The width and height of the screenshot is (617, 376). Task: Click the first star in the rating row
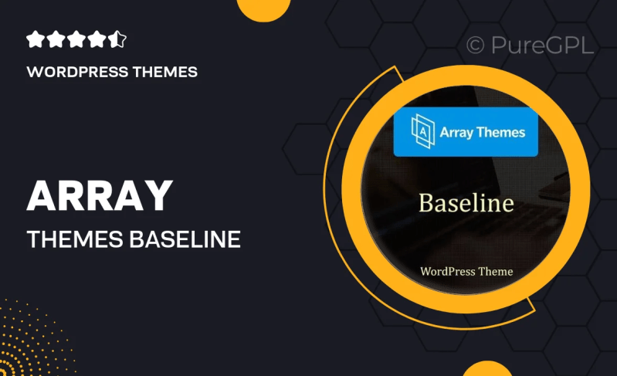point(36,39)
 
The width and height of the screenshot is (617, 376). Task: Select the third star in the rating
point(76,39)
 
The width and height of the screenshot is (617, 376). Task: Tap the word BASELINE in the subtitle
point(185,240)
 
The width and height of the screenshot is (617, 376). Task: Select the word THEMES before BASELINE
point(73,240)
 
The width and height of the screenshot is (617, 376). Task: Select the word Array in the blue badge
point(456,132)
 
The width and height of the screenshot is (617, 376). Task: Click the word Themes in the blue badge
point(500,132)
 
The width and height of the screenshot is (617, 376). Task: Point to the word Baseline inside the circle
point(466,203)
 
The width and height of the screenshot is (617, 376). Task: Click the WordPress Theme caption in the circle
point(466,271)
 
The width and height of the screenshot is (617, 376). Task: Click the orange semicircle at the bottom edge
point(487,369)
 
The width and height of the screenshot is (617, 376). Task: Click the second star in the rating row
point(56,39)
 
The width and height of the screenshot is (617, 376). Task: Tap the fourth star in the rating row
point(97,39)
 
